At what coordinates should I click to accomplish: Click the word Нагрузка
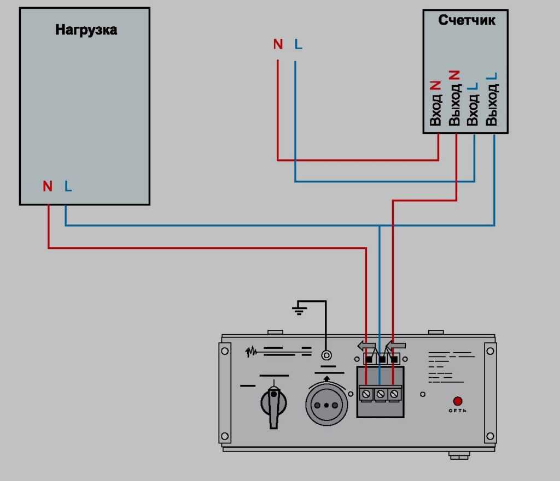(86, 29)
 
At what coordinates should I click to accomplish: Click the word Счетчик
(467, 21)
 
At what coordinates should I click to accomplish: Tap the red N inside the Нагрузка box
(48, 186)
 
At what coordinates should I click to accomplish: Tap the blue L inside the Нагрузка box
(68, 186)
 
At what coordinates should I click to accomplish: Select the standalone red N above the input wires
(278, 45)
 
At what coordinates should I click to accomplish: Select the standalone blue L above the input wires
(297, 45)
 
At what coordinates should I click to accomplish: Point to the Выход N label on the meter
(454, 98)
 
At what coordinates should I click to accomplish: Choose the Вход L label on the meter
(473, 104)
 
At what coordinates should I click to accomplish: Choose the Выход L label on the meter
(492, 99)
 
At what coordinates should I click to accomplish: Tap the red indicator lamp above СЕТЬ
(457, 401)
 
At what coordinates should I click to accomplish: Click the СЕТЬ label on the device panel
(458, 410)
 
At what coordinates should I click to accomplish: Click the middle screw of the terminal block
(380, 393)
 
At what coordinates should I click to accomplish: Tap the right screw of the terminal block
(394, 393)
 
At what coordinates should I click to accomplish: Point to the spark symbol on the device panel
(251, 352)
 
